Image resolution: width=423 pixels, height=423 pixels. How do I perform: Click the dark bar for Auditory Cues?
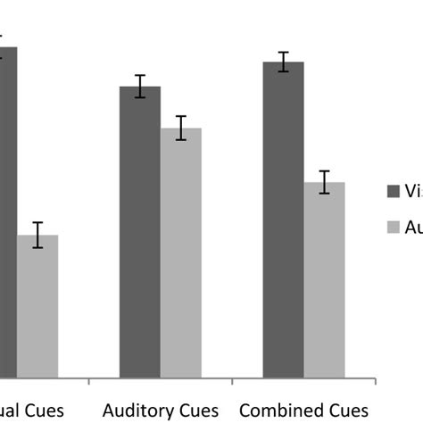pyautogui.click(x=140, y=232)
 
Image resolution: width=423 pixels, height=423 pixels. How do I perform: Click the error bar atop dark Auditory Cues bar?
pyautogui.click(x=140, y=87)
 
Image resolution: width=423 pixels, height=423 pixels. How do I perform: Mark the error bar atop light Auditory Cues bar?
pyautogui.click(x=181, y=128)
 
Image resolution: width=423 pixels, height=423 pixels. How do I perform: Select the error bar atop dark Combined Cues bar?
pyautogui.click(x=283, y=62)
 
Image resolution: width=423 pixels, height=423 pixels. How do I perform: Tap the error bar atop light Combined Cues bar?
pyautogui.click(x=324, y=182)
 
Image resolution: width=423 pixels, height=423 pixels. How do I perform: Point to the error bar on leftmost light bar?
pyautogui.click(x=37, y=235)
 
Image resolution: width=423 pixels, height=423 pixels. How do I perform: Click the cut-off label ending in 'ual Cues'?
pyautogui.click(x=32, y=411)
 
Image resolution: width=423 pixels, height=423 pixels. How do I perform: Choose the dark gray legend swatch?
pyautogui.click(x=393, y=191)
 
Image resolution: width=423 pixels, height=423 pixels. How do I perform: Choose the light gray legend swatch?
pyautogui.click(x=393, y=228)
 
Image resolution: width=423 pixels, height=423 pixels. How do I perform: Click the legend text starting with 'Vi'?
pyautogui.click(x=413, y=191)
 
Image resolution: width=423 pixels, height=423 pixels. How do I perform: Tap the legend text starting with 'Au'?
pyautogui.click(x=413, y=228)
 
